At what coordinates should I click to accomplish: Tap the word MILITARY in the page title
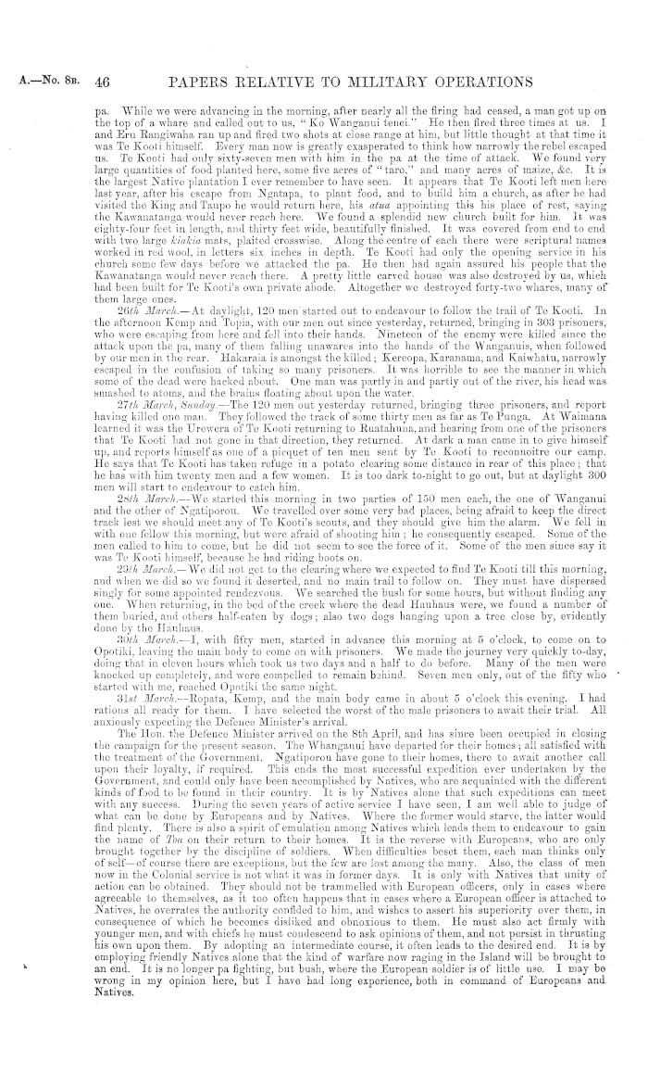[380, 84]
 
